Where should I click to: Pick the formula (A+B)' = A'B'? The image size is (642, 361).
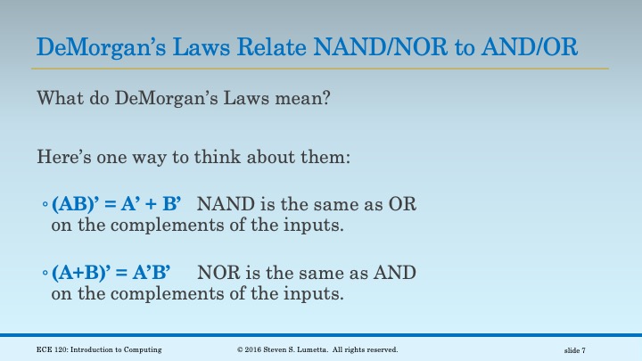[111, 273]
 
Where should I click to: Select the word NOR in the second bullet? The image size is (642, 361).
[218, 273]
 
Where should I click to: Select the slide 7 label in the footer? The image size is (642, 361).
[574, 350]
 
